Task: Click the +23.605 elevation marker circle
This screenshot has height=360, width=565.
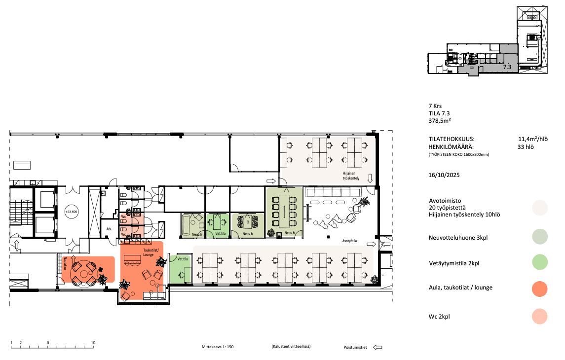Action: click(72, 212)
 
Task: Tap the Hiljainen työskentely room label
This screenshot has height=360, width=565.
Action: click(351, 176)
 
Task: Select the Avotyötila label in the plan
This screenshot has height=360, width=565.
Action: click(349, 241)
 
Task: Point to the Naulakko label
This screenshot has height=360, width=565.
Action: click(66, 263)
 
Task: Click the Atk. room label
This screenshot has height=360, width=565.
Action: click(109, 229)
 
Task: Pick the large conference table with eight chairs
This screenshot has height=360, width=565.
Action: click(284, 210)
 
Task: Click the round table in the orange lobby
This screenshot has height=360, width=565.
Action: click(83, 274)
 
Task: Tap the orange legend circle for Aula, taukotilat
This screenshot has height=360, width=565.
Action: click(539, 288)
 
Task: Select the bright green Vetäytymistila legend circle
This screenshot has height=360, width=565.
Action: click(539, 262)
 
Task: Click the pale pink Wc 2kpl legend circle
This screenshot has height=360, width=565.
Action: click(539, 317)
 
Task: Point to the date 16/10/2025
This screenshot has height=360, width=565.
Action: click(444, 176)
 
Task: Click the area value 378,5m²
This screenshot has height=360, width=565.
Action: click(440, 121)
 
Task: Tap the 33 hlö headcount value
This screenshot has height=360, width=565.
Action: click(526, 147)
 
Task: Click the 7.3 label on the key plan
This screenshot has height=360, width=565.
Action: click(507, 67)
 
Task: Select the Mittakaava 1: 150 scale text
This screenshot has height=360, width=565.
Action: click(218, 347)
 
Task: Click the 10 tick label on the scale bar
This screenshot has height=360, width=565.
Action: click(93, 343)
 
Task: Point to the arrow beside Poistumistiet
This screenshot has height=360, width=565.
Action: click(377, 347)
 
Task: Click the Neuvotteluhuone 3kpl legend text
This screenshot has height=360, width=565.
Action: click(458, 238)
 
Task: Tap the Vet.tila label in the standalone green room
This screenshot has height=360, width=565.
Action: click(183, 259)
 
